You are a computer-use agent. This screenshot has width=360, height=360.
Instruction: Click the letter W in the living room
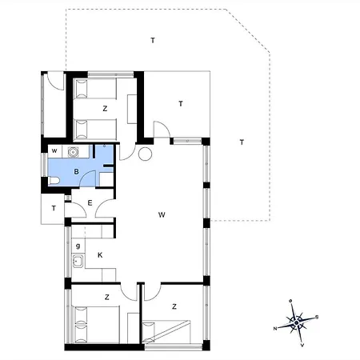162,214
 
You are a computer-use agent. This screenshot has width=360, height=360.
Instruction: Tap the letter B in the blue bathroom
76,170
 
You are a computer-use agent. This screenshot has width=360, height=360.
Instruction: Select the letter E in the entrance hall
90,203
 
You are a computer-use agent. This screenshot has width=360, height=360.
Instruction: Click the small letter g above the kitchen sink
78,245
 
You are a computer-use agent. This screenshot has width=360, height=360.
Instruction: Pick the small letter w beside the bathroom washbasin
54,150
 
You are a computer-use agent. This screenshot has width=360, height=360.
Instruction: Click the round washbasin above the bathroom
74,151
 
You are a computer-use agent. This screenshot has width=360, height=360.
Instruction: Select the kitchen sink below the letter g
78,261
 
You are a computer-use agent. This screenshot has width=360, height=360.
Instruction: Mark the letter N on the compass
275,329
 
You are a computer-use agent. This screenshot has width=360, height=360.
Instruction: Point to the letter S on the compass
317,317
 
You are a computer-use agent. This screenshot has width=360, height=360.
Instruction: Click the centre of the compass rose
296,322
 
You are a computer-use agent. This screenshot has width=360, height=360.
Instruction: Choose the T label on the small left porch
54,209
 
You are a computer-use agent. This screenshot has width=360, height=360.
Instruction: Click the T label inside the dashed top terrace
152,39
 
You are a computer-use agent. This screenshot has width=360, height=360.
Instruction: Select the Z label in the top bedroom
105,108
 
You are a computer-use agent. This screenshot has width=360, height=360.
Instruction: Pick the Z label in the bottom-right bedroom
174,306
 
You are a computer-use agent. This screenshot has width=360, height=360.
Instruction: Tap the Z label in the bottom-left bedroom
106,298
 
